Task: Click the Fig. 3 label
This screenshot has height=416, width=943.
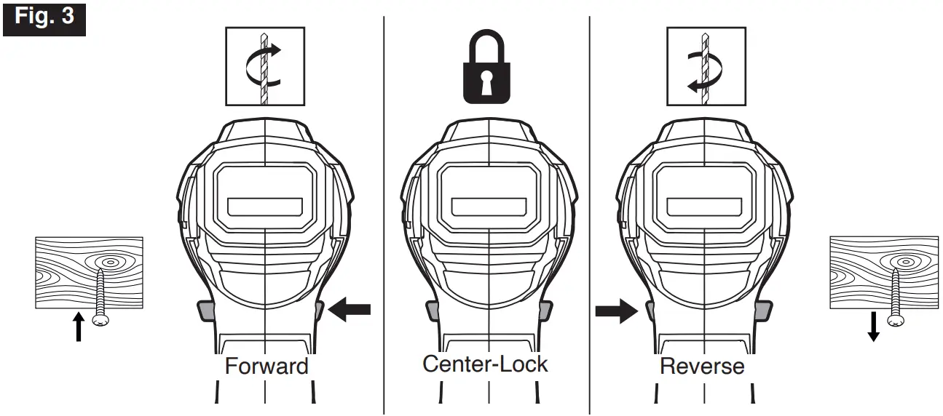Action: (x=44, y=17)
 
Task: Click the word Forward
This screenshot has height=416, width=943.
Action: (x=267, y=365)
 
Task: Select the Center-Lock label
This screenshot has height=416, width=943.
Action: (x=486, y=363)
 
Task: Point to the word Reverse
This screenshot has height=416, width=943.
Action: (x=702, y=365)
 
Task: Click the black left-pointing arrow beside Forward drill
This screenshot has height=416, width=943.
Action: (x=350, y=310)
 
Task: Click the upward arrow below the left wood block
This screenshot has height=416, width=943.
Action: (x=79, y=328)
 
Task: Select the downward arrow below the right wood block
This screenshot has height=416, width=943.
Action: (x=873, y=327)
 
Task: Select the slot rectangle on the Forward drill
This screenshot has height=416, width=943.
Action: (x=265, y=207)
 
